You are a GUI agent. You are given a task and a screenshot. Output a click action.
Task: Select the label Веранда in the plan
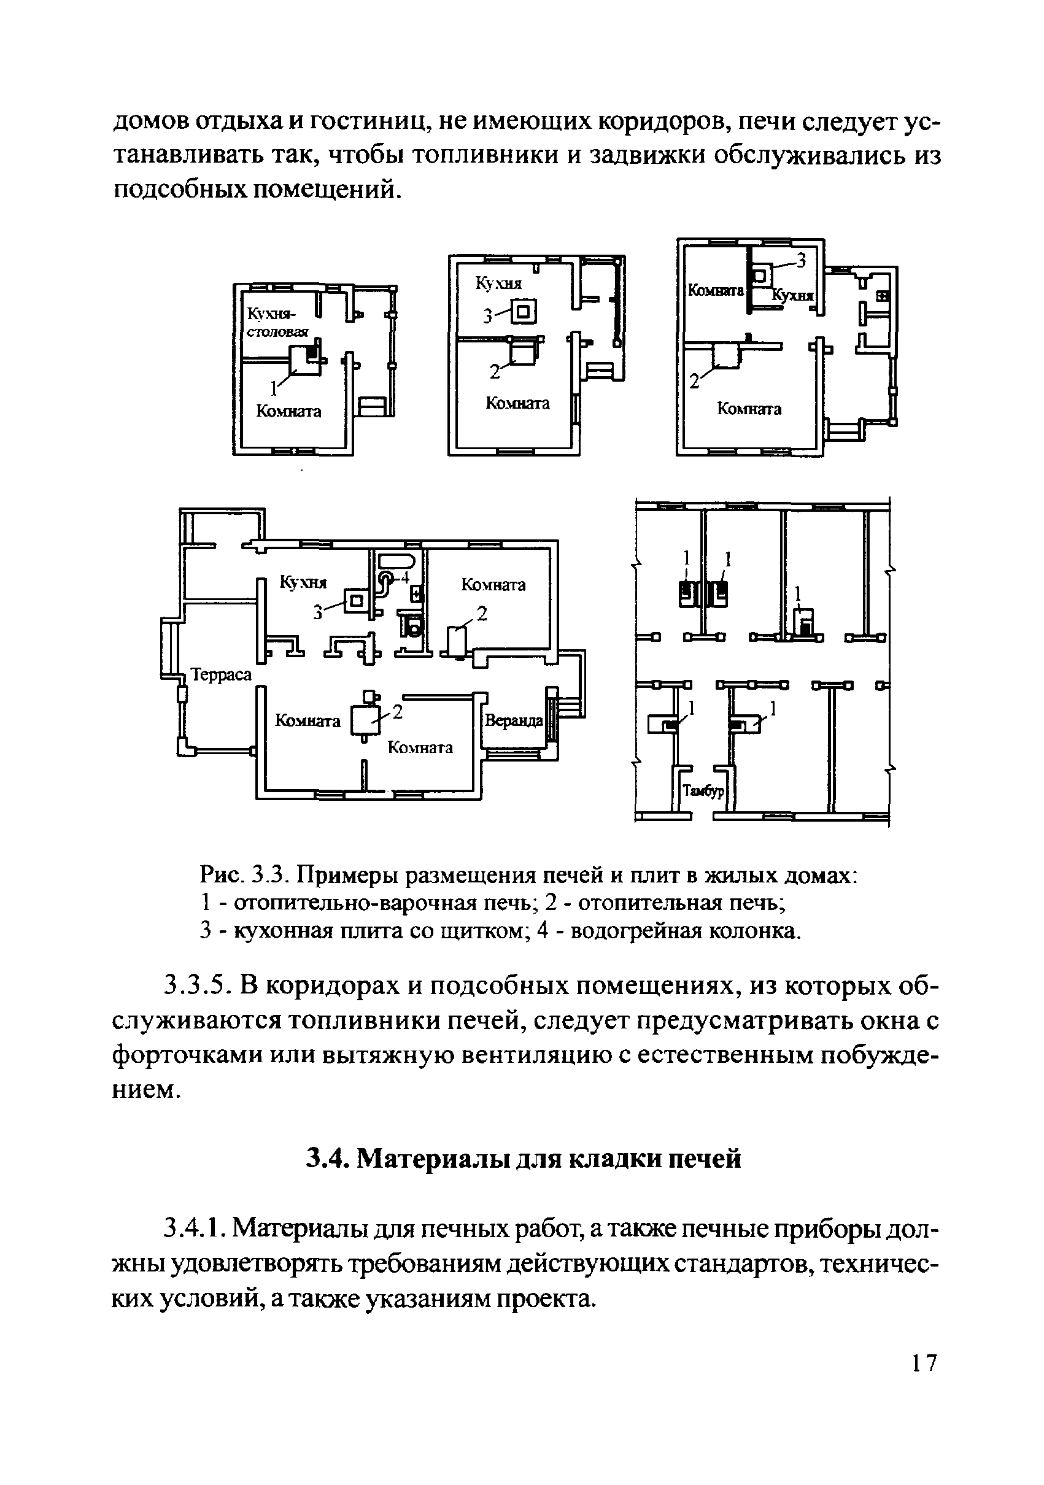click(x=514, y=720)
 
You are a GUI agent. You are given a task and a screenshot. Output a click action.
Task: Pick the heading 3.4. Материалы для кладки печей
click(x=523, y=1159)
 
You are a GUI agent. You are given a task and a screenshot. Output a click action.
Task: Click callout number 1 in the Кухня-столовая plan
click(x=274, y=388)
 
